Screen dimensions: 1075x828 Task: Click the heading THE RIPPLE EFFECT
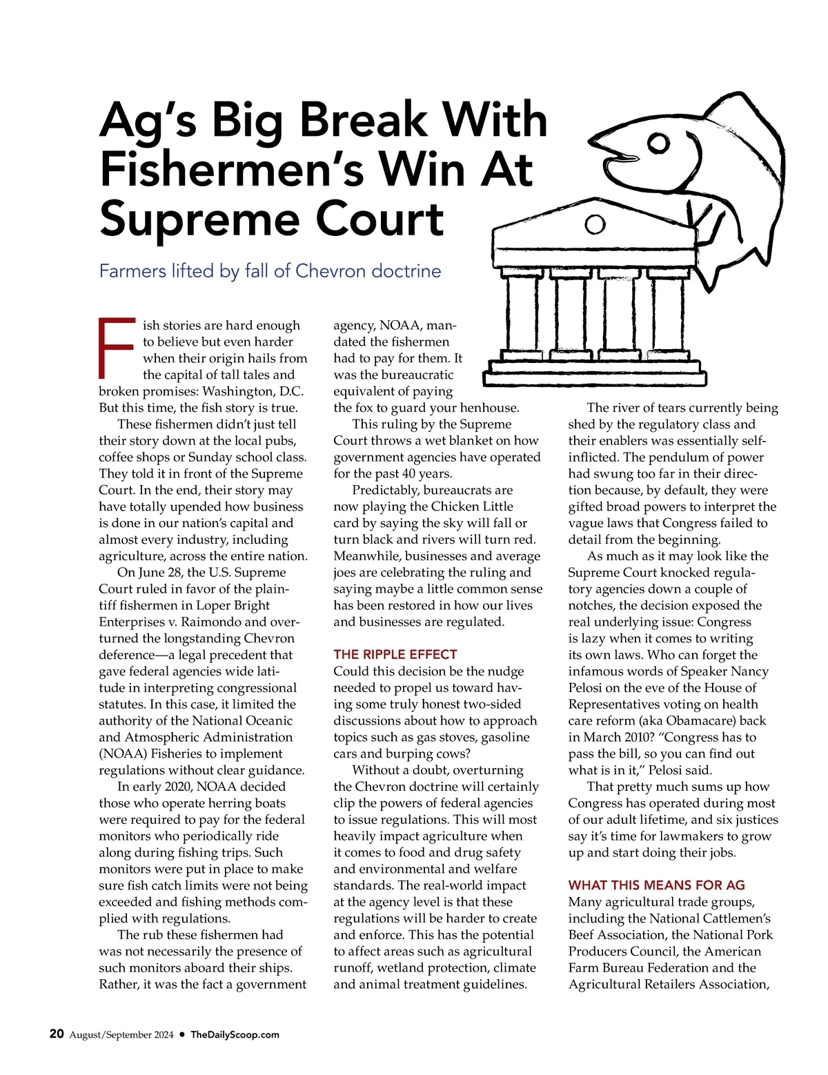point(395,654)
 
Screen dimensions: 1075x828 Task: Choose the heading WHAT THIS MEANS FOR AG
point(656,885)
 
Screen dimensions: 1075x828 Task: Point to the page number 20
point(57,1034)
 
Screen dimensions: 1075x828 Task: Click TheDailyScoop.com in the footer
point(235,1034)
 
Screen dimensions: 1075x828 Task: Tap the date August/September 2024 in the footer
point(121,1034)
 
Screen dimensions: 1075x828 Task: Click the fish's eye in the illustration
point(660,144)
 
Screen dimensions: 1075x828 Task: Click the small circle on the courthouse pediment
point(595,224)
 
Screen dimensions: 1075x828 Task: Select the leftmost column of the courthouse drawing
point(517,314)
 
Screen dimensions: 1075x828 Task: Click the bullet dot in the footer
point(182,1034)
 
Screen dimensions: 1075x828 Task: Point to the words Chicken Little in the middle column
point(472,506)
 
